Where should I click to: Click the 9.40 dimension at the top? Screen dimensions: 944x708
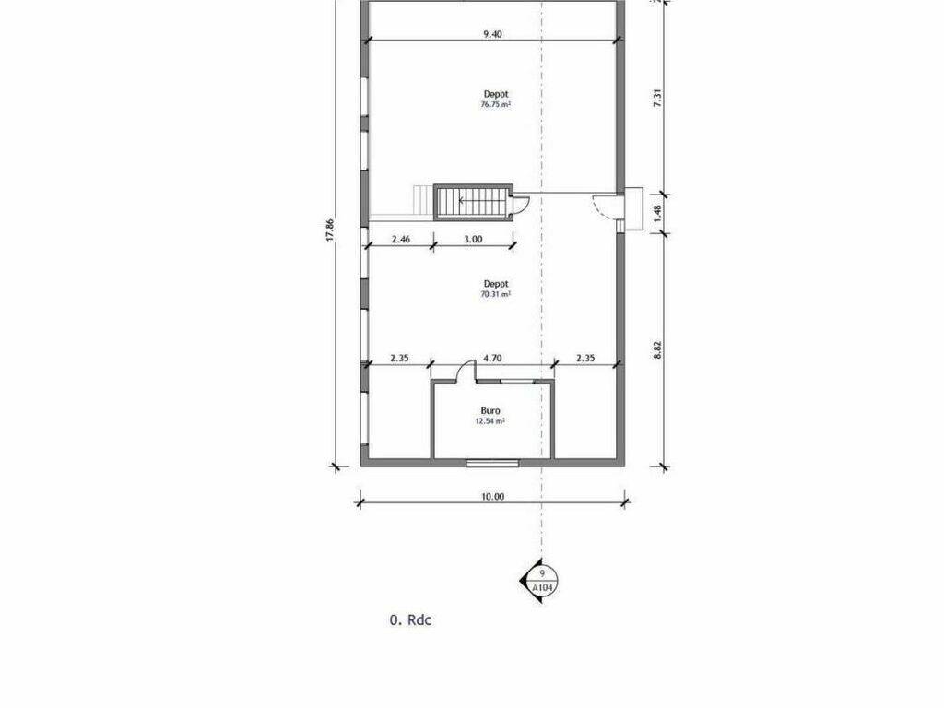pos(492,34)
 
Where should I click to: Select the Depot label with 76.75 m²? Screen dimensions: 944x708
pos(496,94)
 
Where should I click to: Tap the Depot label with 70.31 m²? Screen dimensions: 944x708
pos(496,284)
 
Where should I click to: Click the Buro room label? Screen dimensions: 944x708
pos(490,410)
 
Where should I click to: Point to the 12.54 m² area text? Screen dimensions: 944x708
pos(490,421)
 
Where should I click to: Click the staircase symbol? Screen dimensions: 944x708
pos(473,202)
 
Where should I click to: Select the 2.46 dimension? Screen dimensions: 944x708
pos(401,239)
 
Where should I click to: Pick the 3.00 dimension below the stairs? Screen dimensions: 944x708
pos(473,239)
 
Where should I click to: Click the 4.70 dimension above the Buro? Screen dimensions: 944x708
pos(492,359)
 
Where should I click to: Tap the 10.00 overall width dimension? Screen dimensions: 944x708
pos(492,497)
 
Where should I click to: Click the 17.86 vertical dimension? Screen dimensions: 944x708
pos(329,230)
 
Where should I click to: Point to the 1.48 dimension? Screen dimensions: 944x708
pos(657,213)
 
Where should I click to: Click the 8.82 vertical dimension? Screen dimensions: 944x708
pos(657,350)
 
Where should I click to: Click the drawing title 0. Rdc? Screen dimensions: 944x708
pos(410,620)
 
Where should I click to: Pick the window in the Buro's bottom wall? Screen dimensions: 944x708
pos(492,463)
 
